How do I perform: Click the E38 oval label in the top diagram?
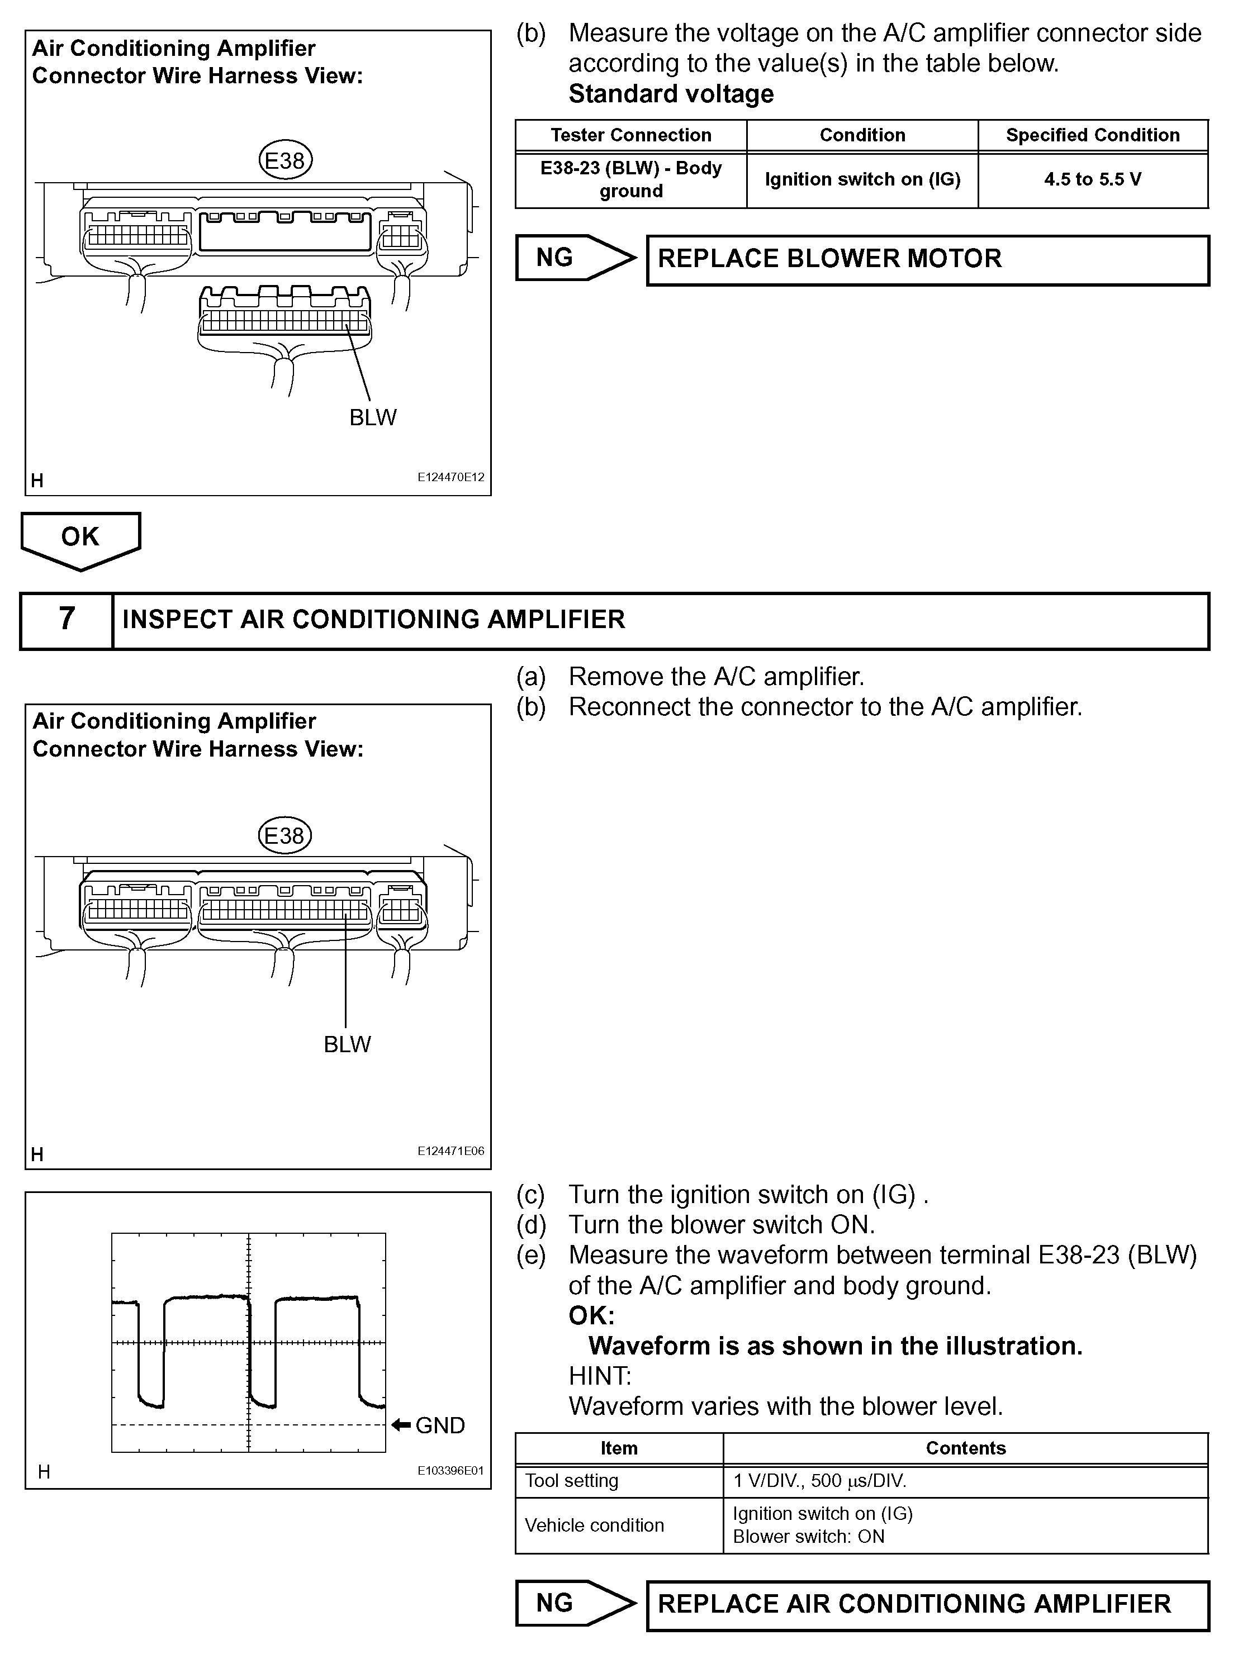(285, 161)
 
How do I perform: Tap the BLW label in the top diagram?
(372, 417)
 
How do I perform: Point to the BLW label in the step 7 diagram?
(347, 1044)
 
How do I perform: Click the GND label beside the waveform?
(440, 1425)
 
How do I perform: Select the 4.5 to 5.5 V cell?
(1093, 179)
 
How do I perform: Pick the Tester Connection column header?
(630, 135)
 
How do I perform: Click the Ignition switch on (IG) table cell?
(862, 179)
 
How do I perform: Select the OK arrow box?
(80, 538)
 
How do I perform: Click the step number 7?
(67, 619)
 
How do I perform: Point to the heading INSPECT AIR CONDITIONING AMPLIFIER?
(373, 620)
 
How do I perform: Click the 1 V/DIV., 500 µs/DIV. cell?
(820, 1481)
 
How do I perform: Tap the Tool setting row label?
(572, 1481)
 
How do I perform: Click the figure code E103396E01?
(450, 1470)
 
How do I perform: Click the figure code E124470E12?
(450, 477)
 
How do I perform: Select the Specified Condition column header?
(1093, 135)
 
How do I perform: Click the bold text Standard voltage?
(671, 94)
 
